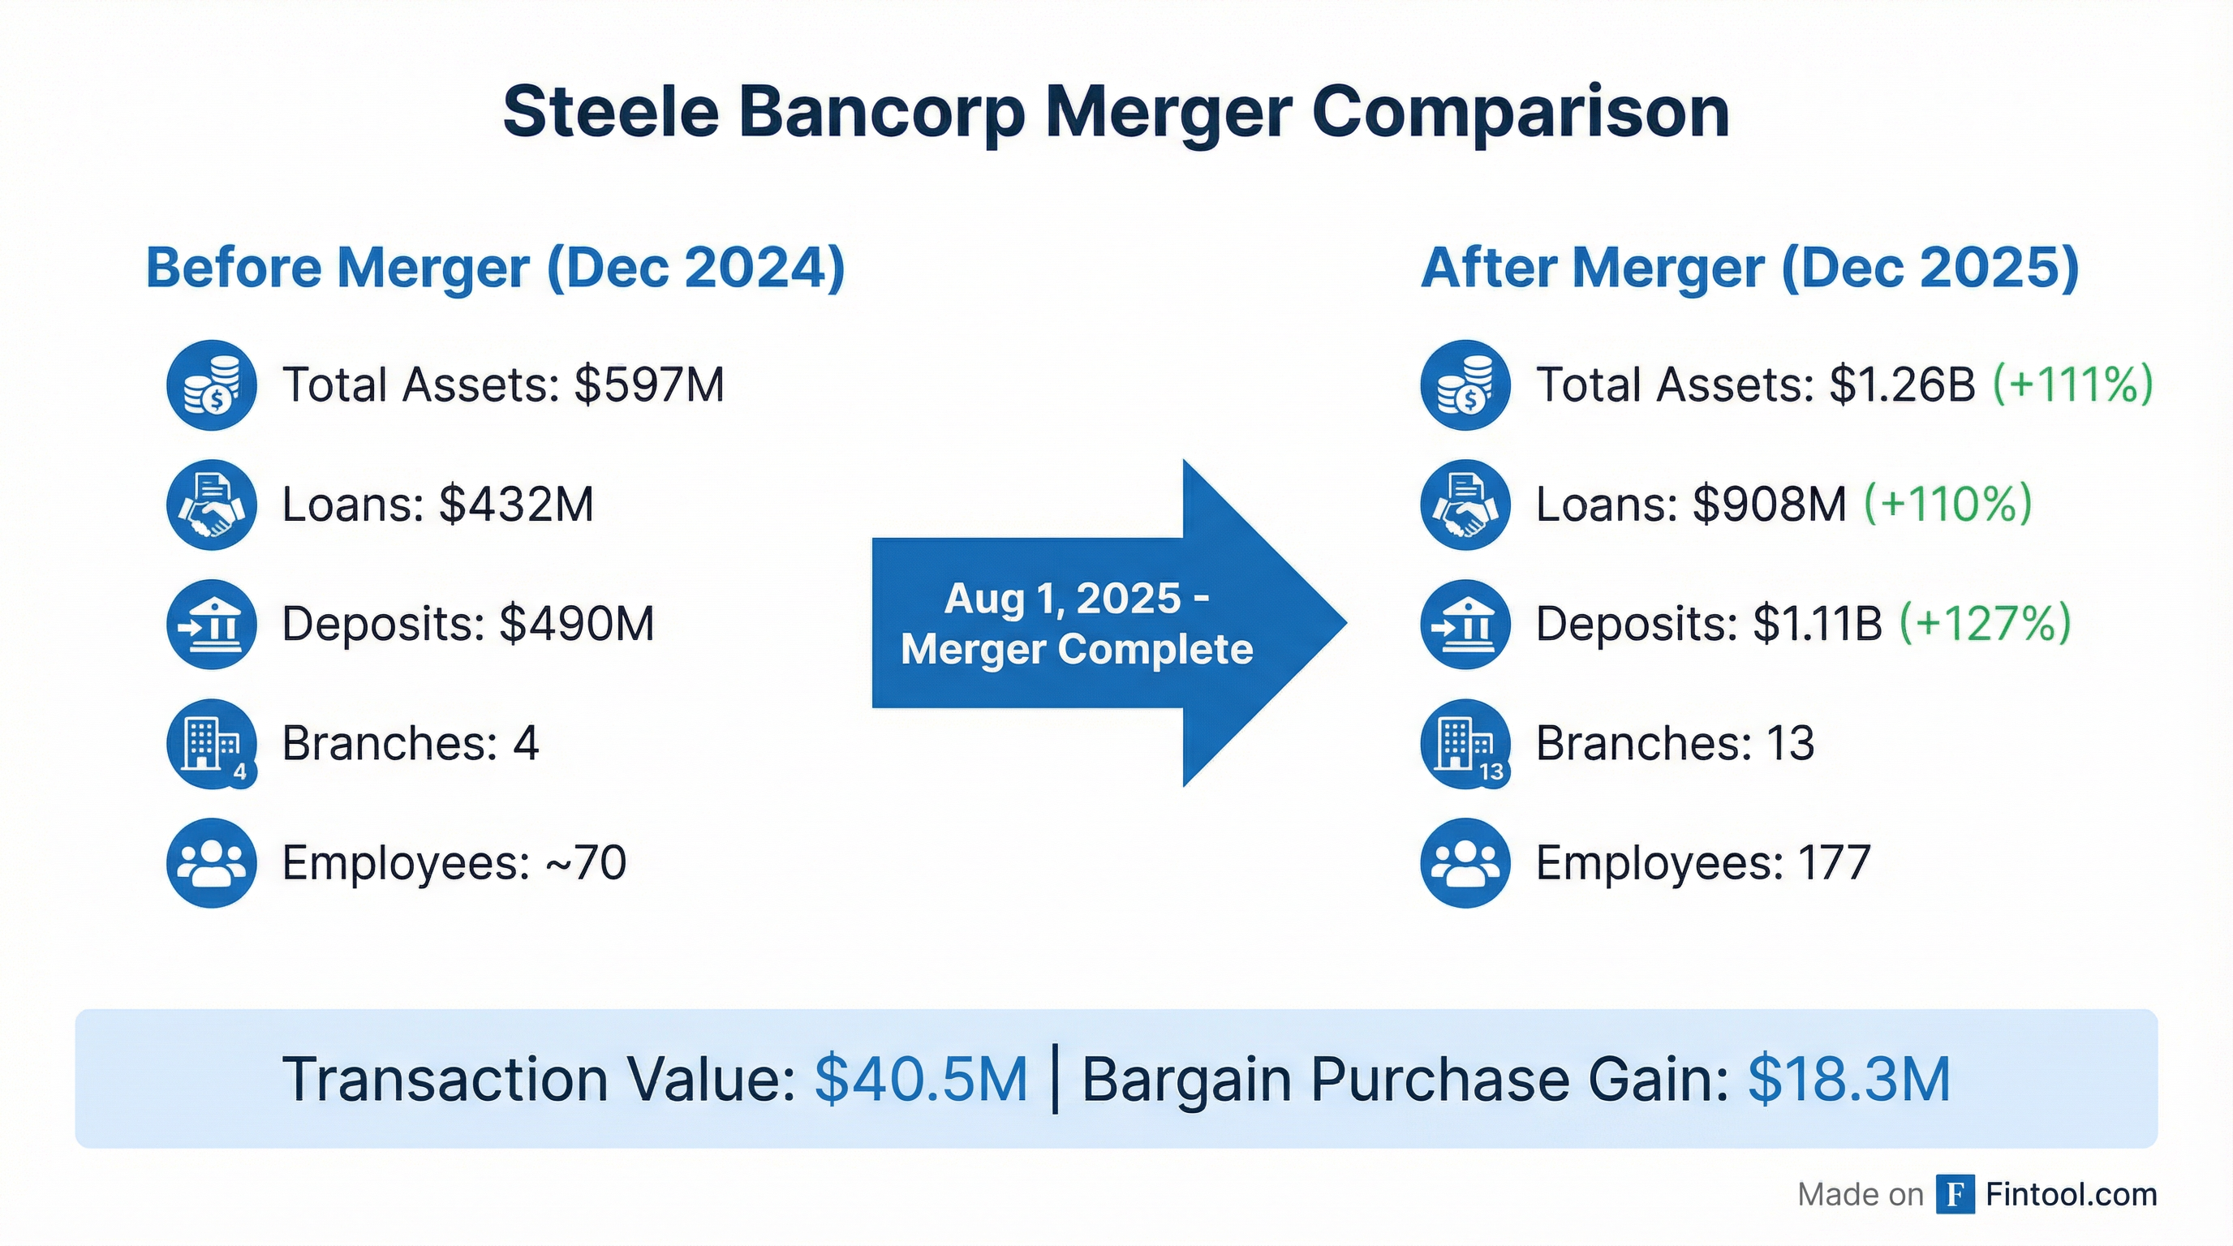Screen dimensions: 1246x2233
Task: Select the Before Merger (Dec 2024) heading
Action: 495,268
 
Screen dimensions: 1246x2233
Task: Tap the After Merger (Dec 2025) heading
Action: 1749,268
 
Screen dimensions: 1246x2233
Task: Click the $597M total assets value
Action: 648,385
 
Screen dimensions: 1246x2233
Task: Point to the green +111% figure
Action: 2072,385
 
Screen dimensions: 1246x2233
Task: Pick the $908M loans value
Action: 1768,505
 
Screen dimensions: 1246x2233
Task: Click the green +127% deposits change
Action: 1985,623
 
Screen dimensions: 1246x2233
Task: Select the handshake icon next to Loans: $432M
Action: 212,505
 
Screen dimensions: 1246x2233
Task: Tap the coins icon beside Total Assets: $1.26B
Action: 1465,385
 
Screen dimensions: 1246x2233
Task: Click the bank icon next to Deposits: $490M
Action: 212,624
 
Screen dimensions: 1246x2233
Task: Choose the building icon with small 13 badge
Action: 1465,743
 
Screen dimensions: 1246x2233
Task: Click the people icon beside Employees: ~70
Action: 212,863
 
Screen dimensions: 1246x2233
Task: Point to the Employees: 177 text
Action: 1702,863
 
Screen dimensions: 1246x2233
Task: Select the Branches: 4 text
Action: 410,743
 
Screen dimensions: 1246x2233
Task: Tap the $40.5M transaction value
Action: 921,1080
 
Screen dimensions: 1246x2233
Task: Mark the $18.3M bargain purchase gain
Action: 1849,1080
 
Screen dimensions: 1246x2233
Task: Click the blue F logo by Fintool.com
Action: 1955,1195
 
